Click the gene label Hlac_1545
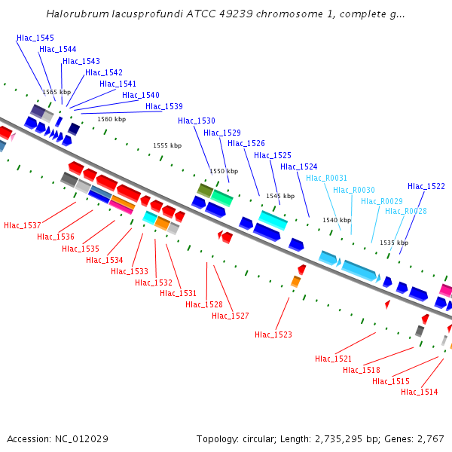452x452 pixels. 35,38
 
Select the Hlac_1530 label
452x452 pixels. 197,121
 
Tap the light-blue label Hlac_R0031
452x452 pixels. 326,178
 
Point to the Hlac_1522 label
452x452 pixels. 426,186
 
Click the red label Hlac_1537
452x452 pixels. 23,225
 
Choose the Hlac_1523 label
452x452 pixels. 273,334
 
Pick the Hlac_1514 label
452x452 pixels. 420,392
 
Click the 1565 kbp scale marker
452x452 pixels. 56,92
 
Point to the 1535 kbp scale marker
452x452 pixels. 394,243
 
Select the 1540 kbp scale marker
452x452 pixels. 337,220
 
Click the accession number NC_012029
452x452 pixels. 83,438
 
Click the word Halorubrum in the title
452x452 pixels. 75,14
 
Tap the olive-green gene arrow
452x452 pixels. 204,189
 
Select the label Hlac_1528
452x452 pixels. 204,304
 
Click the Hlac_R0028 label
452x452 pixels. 406,212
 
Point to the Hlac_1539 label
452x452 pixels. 164,106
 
